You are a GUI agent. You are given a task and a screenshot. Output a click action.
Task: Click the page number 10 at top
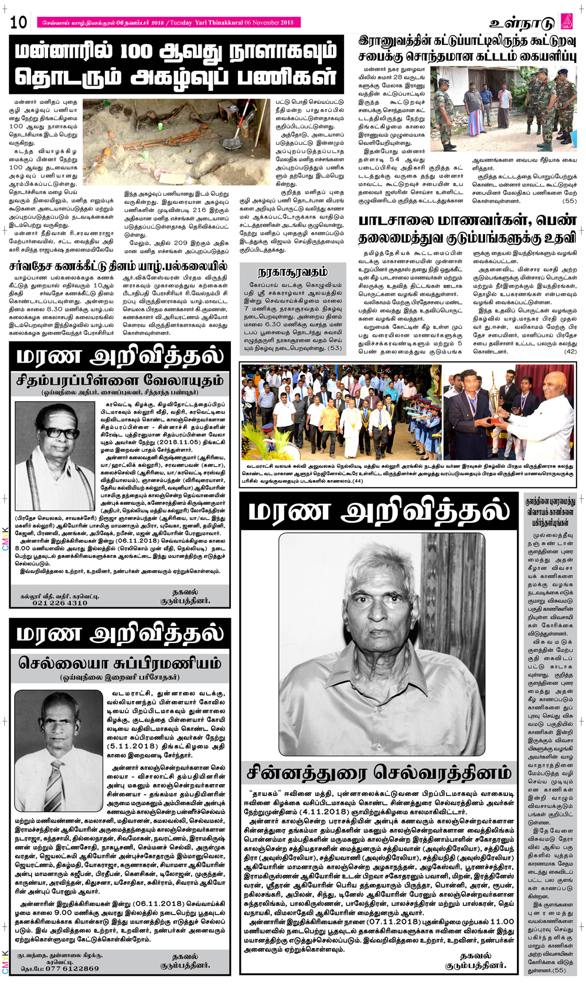[18, 22]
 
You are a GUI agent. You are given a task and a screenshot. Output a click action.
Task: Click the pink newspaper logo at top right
[567, 22]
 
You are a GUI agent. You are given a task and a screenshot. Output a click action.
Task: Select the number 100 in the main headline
[141, 52]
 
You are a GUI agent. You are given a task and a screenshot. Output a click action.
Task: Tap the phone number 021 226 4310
[60, 603]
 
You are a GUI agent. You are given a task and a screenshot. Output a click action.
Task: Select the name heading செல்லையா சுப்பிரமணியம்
[120, 663]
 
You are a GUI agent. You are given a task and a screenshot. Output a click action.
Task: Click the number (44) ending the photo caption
[357, 481]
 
